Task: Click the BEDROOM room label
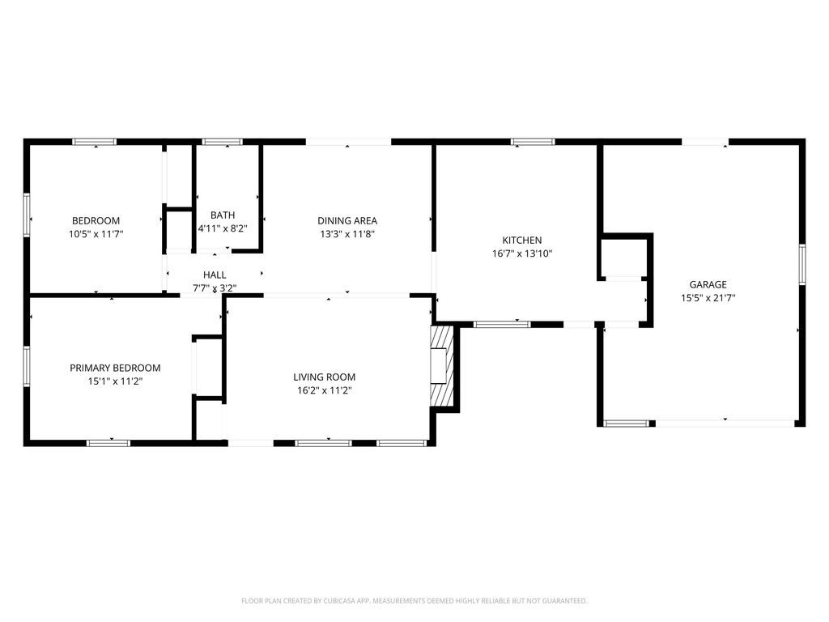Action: pyautogui.click(x=96, y=220)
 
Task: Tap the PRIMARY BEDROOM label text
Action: pyautogui.click(x=115, y=368)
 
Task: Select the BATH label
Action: pyautogui.click(x=223, y=215)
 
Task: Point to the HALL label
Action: pyautogui.click(x=215, y=275)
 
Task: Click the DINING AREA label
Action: pyautogui.click(x=347, y=220)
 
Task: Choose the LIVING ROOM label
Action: pyautogui.click(x=325, y=377)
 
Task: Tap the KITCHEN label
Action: pyautogui.click(x=522, y=240)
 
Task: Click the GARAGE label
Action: pyautogui.click(x=708, y=284)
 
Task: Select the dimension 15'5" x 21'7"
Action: pyautogui.click(x=708, y=298)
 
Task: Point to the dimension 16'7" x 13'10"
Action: pyautogui.click(x=522, y=253)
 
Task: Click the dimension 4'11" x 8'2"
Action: pyautogui.click(x=223, y=228)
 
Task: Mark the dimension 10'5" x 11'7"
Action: pyautogui.click(x=96, y=234)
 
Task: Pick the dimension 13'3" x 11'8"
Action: pyautogui.click(x=347, y=234)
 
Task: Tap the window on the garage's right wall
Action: pyautogui.click(x=802, y=264)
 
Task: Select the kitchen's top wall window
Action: pyautogui.click(x=533, y=142)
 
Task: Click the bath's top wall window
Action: pyautogui.click(x=223, y=142)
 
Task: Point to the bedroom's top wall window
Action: pyautogui.click(x=94, y=142)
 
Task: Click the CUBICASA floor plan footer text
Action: pyautogui.click(x=414, y=601)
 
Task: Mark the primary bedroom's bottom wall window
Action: pyautogui.click(x=108, y=443)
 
